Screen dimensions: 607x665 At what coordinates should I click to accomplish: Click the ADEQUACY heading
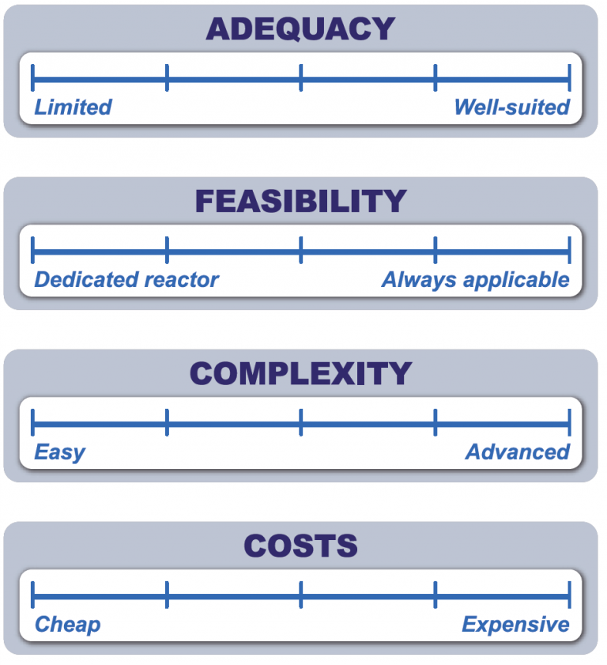pyautogui.click(x=300, y=28)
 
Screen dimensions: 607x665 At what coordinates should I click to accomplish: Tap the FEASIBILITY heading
pyautogui.click(x=300, y=201)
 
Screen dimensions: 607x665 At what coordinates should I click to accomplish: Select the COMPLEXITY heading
pyautogui.click(x=300, y=374)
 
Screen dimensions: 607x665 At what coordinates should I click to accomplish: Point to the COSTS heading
pyautogui.click(x=300, y=546)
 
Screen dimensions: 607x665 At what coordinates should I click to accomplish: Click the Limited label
pyautogui.click(x=73, y=107)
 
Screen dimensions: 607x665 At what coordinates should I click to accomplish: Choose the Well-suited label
pyautogui.click(x=512, y=107)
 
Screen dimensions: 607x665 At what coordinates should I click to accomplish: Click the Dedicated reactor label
pyautogui.click(x=126, y=279)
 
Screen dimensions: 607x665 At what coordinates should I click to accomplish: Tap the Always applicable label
pyautogui.click(x=475, y=281)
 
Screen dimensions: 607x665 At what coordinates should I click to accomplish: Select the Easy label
pyautogui.click(x=60, y=452)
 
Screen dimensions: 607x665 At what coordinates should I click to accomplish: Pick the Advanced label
pyautogui.click(x=518, y=452)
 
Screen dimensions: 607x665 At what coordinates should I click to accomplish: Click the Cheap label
pyautogui.click(x=67, y=625)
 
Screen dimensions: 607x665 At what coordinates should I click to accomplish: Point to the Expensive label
pyautogui.click(x=515, y=625)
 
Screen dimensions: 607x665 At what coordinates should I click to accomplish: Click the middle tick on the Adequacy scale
pyautogui.click(x=301, y=78)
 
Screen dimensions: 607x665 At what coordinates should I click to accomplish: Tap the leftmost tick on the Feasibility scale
pyautogui.click(x=32, y=250)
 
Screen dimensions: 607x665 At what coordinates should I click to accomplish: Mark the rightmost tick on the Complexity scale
pyautogui.click(x=569, y=422)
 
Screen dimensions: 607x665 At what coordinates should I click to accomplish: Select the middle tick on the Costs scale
pyautogui.click(x=301, y=595)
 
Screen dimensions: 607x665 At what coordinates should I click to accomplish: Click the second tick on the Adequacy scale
pyautogui.click(x=167, y=78)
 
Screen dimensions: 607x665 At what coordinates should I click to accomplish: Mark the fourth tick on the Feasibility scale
pyautogui.click(x=435, y=250)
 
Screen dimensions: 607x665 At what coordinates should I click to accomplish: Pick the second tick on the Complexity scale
pyautogui.click(x=167, y=422)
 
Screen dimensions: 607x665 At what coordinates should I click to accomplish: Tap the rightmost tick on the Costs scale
pyautogui.click(x=569, y=595)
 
